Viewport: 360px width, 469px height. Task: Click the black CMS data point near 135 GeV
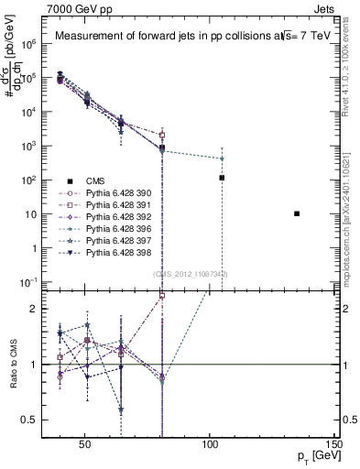(297, 213)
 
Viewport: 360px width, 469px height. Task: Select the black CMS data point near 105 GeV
(222, 178)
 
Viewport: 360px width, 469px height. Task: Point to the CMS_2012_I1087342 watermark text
(191, 274)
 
